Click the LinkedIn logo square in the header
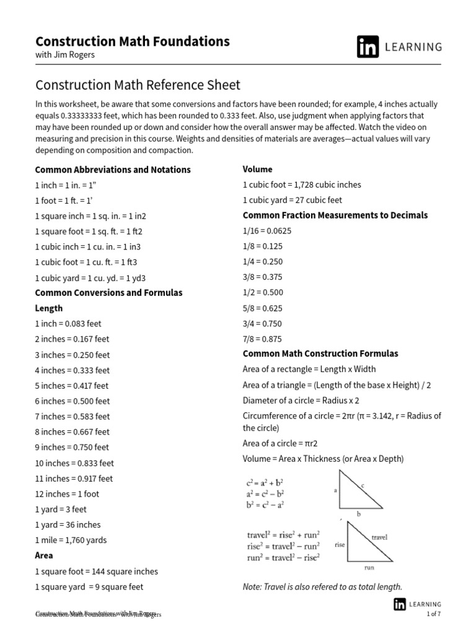(368, 47)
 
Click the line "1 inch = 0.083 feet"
(68, 324)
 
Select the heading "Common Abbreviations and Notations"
(113, 170)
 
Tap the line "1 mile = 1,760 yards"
(71, 540)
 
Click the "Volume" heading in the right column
(257, 169)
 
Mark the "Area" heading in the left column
(44, 555)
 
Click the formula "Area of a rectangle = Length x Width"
(309, 370)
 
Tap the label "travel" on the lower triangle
(379, 537)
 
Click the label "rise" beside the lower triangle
(340, 545)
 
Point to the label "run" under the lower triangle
(369, 567)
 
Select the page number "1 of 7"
(434, 614)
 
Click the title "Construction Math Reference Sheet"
(138, 85)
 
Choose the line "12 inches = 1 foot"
(67, 494)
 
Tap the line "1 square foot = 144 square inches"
(96, 571)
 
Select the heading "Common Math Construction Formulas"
(320, 354)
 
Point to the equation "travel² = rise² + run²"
(283, 535)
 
